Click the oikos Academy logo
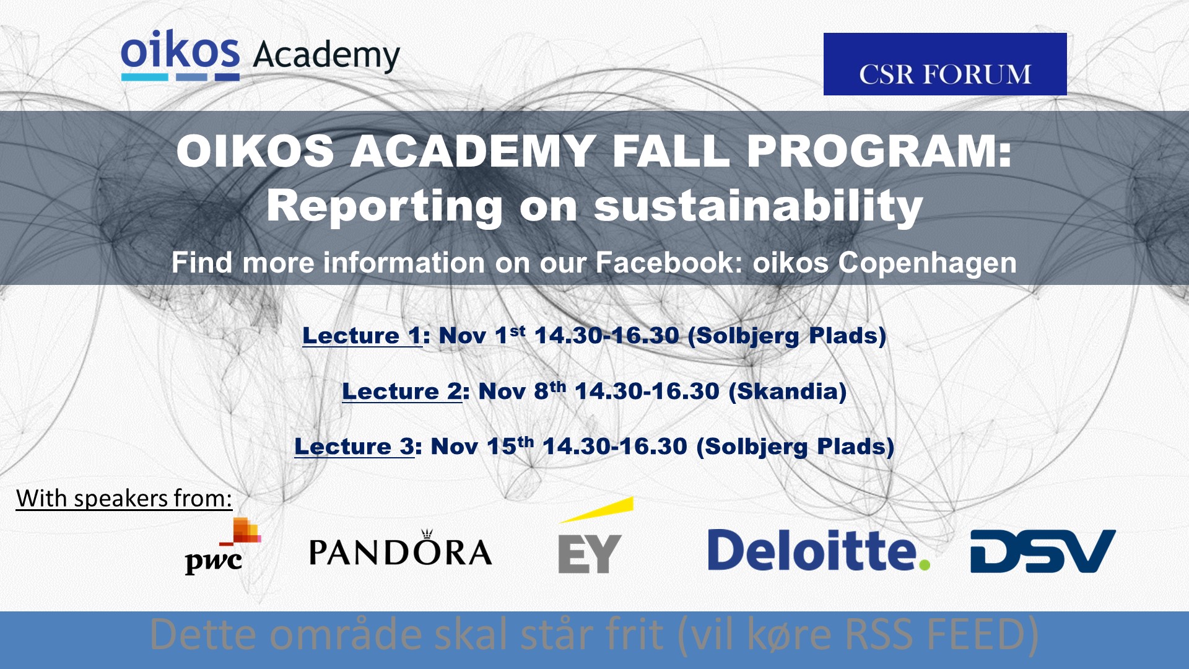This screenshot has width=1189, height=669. pos(261,55)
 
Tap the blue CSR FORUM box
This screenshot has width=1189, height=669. pos(945,64)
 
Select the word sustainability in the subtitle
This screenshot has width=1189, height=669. pos(759,206)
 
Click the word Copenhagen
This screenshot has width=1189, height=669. pos(927,263)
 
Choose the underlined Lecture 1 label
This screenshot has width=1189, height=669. pos(362,335)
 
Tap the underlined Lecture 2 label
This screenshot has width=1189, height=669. pos(402,391)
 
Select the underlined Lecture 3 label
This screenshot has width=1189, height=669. pos(354,446)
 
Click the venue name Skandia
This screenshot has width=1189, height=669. pos(787,391)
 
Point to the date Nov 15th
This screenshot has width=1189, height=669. pos(482,445)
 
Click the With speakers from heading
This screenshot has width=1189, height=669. pos(124,498)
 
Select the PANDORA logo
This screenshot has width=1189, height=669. pos(401,548)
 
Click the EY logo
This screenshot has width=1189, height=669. pos(595,536)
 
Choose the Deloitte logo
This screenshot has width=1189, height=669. pos(819,549)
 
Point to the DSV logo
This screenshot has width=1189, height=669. pos(1043,551)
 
